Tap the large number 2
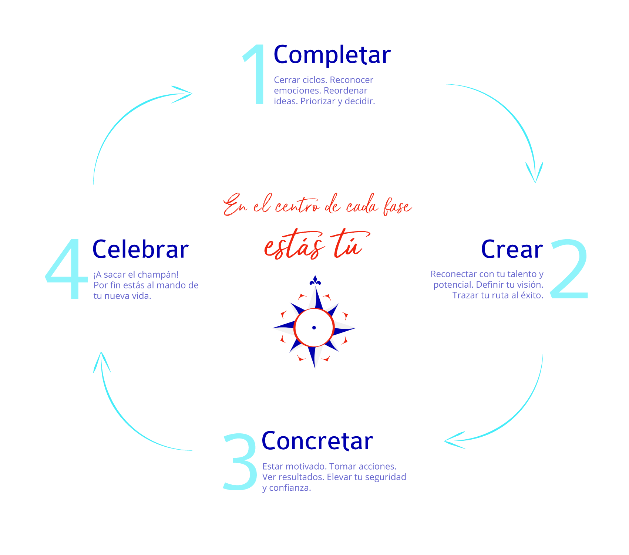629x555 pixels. coord(569,269)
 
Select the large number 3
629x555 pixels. coord(240,462)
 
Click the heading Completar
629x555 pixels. coord(332,55)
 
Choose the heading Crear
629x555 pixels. coord(512,250)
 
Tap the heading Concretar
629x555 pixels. coord(317,441)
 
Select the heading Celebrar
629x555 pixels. coord(140,250)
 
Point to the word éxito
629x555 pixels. coord(532,295)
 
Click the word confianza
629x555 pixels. coord(290,488)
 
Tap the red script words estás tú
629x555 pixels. coord(314,245)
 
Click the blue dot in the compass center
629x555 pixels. coord(314,328)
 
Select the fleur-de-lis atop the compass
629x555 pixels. coord(315,281)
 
